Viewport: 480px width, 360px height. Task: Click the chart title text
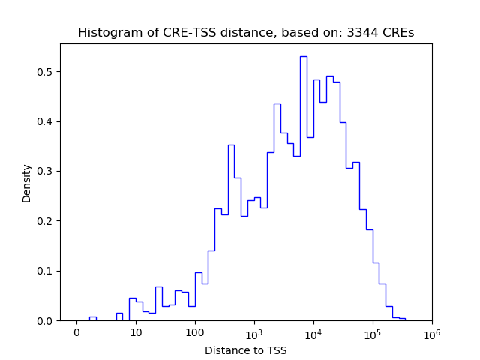246,33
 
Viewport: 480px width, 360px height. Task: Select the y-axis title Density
27,182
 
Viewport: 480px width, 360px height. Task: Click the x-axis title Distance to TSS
246,350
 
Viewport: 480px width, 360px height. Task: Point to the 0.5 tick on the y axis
47,72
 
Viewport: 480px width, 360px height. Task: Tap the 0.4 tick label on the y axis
47,121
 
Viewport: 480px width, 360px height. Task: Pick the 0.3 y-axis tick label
47,171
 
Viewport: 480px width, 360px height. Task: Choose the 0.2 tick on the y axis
47,221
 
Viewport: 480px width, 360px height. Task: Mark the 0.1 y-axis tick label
47,271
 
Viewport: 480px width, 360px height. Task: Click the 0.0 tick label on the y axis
47,320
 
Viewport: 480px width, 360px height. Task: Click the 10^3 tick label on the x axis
254,332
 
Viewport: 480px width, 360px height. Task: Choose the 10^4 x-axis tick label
313,332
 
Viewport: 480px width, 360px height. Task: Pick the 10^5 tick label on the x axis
373,332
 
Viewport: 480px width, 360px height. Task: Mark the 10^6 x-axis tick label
431,332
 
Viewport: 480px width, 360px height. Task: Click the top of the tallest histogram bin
303,56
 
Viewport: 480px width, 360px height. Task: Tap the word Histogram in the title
106,33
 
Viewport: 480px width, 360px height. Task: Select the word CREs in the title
400,33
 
